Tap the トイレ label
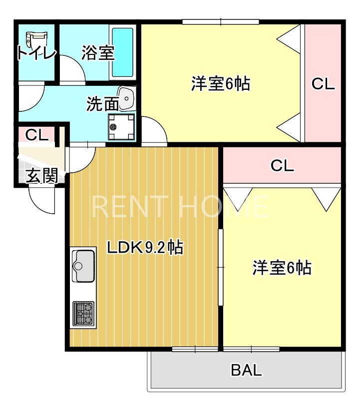tap(36, 53)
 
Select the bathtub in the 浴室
tap(122, 52)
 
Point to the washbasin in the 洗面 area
tap(126, 98)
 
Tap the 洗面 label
tap(102, 104)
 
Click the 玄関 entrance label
tap(41, 176)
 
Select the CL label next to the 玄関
tap(36, 135)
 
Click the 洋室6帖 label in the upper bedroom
tap(220, 83)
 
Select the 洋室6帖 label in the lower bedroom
tap(282, 268)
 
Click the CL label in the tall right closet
tap(323, 84)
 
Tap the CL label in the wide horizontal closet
tap(282, 166)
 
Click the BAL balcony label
tap(246, 371)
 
